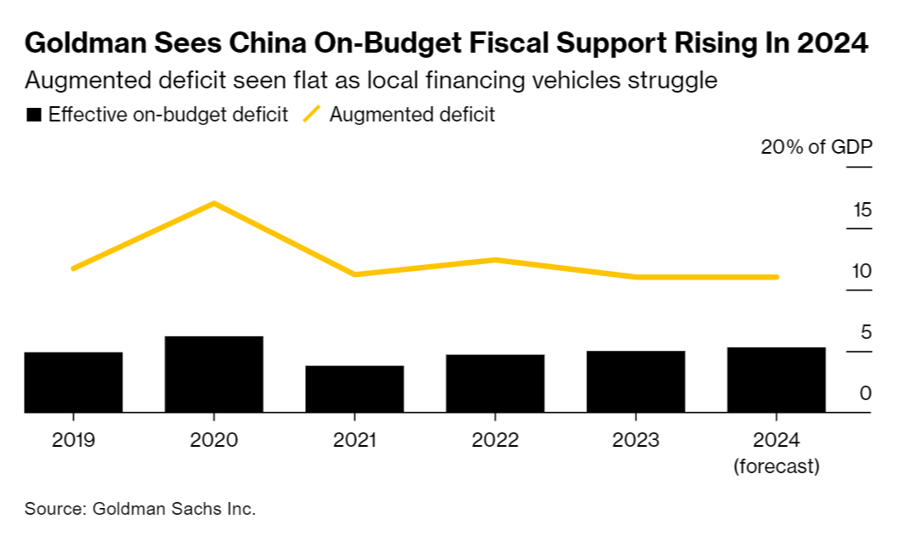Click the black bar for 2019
pyautogui.click(x=73, y=382)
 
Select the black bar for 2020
pyautogui.click(x=214, y=375)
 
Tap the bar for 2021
pyautogui.click(x=354, y=389)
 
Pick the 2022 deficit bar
pyautogui.click(x=495, y=384)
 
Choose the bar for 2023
pyautogui.click(x=636, y=381)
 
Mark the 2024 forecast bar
pyautogui.click(x=777, y=380)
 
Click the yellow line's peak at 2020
pyautogui.click(x=214, y=203)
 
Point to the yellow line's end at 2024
pyautogui.click(x=777, y=277)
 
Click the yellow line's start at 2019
pyautogui.click(x=73, y=268)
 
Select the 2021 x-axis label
pyautogui.click(x=354, y=440)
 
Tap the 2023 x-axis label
pyautogui.click(x=636, y=440)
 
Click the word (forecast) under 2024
pyautogui.click(x=777, y=466)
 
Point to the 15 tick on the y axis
pyautogui.click(x=862, y=210)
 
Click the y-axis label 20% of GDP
pyautogui.click(x=817, y=147)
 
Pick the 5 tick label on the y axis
pyautogui.click(x=866, y=332)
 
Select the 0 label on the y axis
pyautogui.click(x=866, y=393)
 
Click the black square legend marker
pyautogui.click(x=34, y=115)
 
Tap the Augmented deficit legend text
pyautogui.click(x=411, y=115)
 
